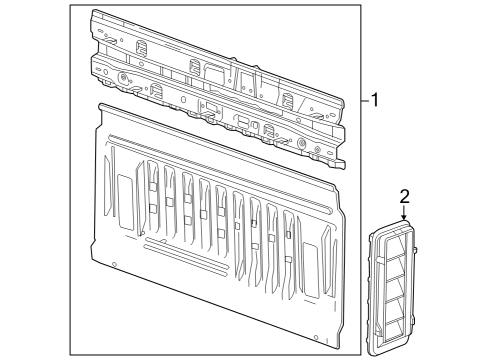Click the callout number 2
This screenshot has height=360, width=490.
tap(404, 195)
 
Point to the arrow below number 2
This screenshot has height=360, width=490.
tap(404, 213)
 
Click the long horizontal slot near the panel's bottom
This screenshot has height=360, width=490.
tap(190, 271)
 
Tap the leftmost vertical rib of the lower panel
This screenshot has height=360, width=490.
tap(151, 200)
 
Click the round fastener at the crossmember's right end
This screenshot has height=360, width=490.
tap(303, 142)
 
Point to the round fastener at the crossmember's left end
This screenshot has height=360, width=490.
tap(121, 78)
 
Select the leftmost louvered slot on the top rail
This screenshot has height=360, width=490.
tap(141, 48)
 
